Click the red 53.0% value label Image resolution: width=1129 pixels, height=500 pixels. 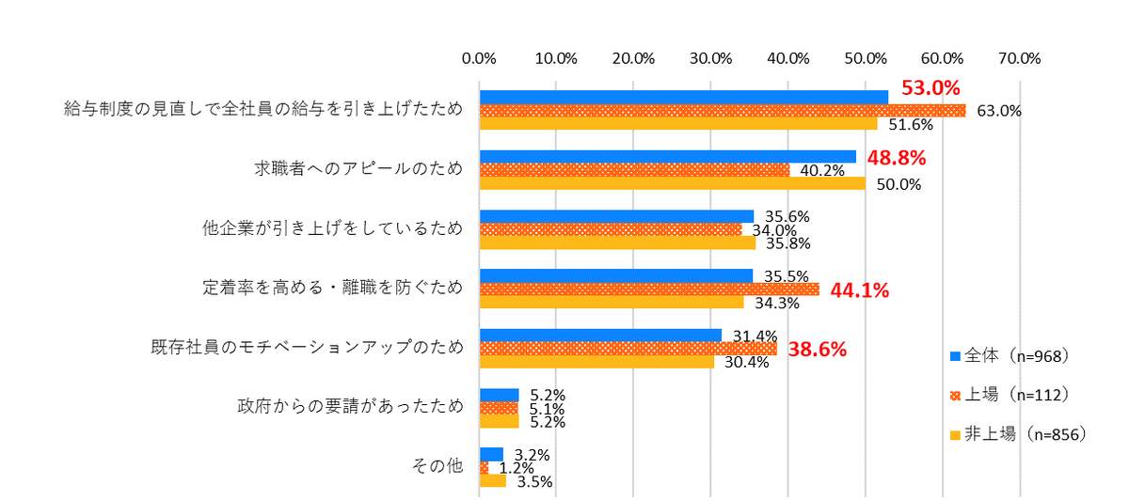click(930, 89)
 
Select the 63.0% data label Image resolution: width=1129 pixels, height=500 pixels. click(999, 111)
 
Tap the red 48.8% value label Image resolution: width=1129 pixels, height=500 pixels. click(897, 156)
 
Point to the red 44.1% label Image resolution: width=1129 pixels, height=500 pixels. click(859, 289)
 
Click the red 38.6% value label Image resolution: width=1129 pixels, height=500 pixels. click(817, 349)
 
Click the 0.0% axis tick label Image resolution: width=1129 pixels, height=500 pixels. click(480, 58)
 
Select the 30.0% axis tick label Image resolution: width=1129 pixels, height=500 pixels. click(710, 58)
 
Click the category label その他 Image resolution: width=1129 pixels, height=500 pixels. click(437, 466)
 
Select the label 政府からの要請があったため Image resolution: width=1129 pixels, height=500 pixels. click(349, 407)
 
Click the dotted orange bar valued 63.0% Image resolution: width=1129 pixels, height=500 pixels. click(723, 111)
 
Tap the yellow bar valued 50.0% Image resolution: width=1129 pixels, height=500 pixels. click(672, 183)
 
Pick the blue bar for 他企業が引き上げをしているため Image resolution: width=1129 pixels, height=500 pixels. click(616, 216)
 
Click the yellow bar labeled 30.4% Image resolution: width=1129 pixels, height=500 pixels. click(596, 362)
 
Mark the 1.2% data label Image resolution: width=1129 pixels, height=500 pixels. click(517, 468)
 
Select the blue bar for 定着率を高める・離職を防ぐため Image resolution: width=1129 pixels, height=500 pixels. click(616, 275)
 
